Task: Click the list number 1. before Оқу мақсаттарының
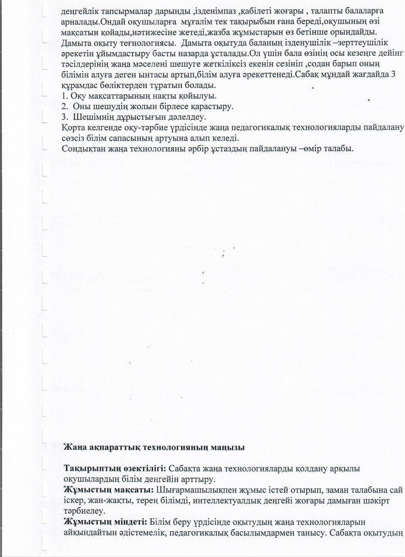click(x=65, y=95)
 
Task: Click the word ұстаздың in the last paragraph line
click(x=228, y=148)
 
